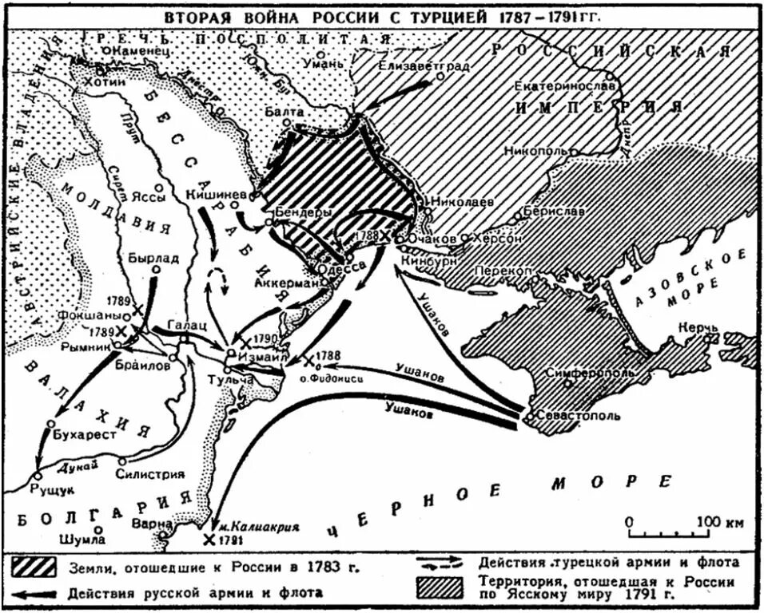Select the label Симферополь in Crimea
(x=590, y=373)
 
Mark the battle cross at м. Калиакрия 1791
(x=209, y=540)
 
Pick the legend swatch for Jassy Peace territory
(x=440, y=586)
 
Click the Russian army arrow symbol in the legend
(x=33, y=593)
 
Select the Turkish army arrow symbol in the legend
(x=440, y=563)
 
